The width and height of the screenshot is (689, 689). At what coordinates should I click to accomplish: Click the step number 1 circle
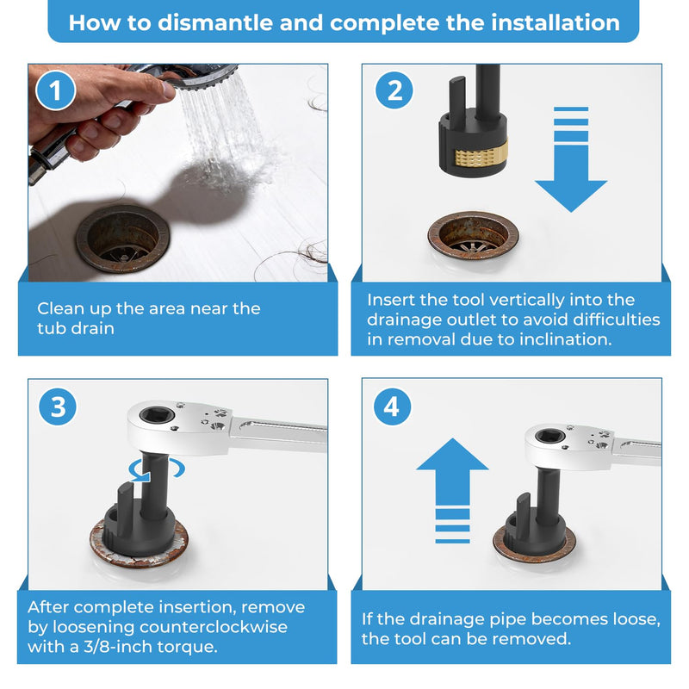tap(55, 91)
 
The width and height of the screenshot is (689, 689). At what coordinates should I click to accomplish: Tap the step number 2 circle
tap(394, 90)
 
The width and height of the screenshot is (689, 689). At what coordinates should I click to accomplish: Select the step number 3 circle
tap(58, 407)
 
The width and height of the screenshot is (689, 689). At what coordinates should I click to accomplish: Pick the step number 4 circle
tap(392, 407)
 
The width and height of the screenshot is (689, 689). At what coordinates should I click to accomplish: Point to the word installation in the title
tap(556, 22)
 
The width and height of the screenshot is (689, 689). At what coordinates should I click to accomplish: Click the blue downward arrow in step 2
tap(571, 159)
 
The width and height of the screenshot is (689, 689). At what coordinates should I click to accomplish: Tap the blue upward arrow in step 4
tap(452, 491)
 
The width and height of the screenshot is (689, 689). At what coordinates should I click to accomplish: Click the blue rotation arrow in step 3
tap(157, 469)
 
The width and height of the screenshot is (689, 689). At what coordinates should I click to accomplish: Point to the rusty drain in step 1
tap(122, 239)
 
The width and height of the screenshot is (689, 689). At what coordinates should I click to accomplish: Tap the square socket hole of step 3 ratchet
tap(157, 414)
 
